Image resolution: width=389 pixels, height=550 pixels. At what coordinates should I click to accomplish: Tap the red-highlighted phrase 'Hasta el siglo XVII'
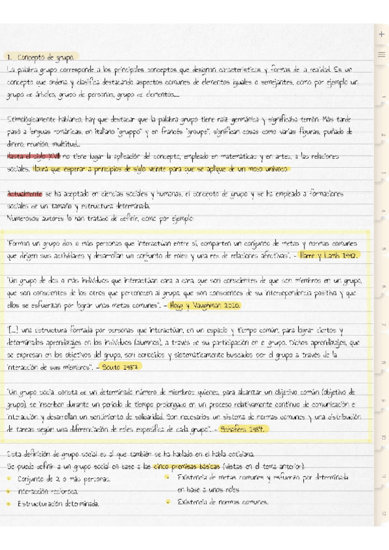pyautogui.click(x=25, y=157)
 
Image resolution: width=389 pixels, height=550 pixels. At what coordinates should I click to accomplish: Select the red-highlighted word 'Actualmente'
pyautogui.click(x=24, y=193)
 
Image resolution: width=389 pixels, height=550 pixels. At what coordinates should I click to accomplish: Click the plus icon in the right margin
pyautogui.click(x=381, y=34)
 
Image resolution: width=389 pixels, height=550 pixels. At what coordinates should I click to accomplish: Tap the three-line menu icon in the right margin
pyautogui.click(x=381, y=54)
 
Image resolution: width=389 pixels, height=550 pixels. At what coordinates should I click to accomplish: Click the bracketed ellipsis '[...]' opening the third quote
pyautogui.click(x=12, y=329)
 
